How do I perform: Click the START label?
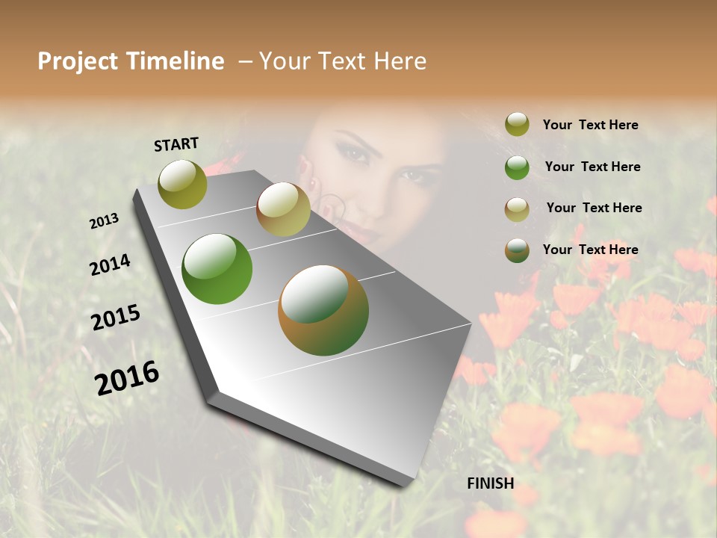point(176,144)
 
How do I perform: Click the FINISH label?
point(490,483)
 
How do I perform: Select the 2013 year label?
point(104,221)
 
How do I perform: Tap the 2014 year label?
point(110,265)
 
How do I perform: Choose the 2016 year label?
point(127,377)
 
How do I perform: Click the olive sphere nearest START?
point(182,184)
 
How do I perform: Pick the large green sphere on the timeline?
point(217,269)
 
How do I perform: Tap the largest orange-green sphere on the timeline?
point(323,310)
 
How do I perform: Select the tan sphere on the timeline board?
point(283,209)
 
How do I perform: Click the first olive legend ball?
point(517,125)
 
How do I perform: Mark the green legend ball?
point(517,167)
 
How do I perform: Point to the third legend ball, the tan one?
point(517,209)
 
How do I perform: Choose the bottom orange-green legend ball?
point(517,250)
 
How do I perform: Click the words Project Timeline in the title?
point(131,61)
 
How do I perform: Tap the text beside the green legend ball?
point(592,167)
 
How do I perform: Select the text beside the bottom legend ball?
point(590,250)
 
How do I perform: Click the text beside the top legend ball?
point(590,125)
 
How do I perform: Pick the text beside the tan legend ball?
point(594,208)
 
